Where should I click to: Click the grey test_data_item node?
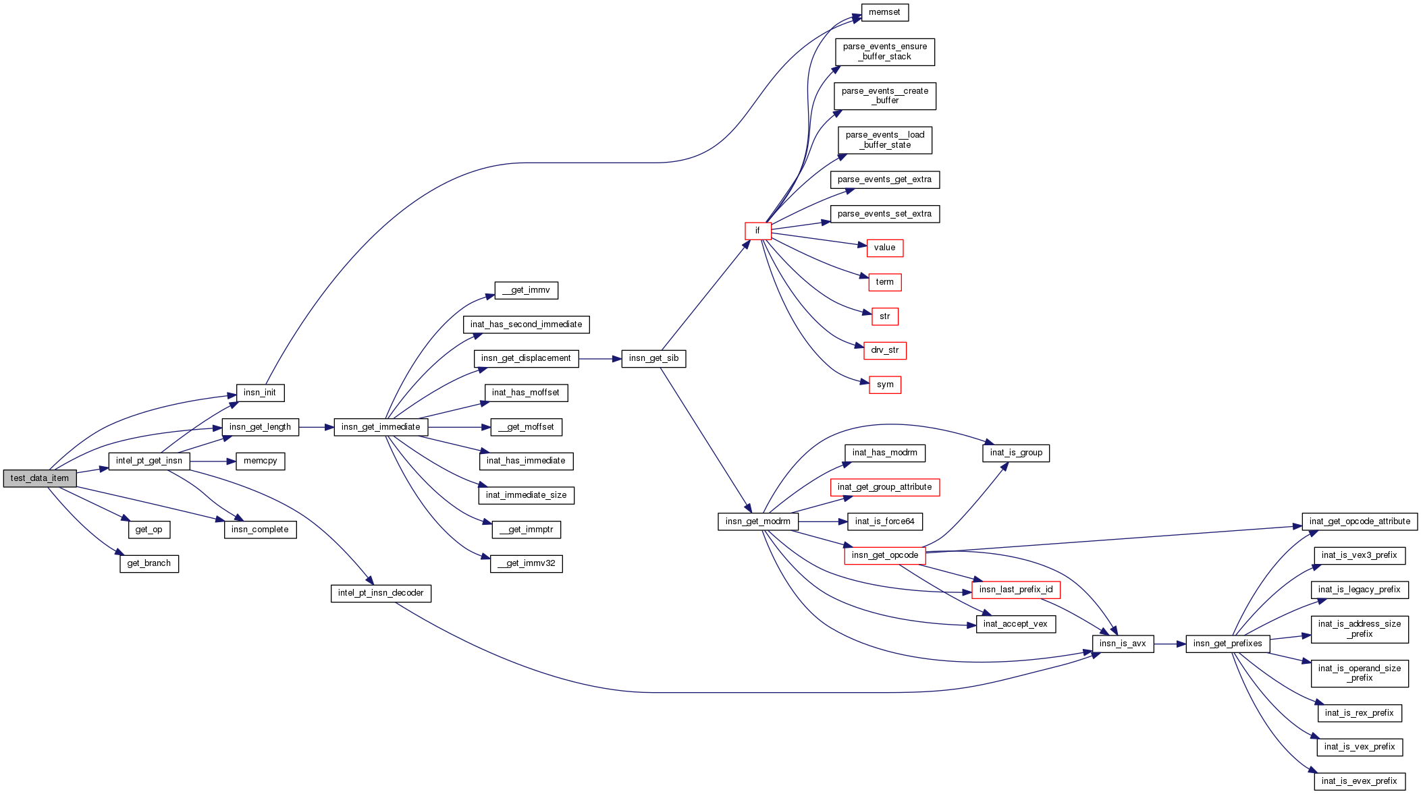click(40, 478)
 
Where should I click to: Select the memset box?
click(884, 13)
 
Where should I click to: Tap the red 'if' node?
click(757, 231)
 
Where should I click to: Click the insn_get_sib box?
click(653, 358)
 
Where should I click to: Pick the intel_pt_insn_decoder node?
click(381, 593)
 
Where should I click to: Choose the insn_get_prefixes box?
click(1227, 644)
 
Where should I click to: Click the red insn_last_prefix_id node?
click(1015, 590)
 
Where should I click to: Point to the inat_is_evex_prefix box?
click(1359, 781)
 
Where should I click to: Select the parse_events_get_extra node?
click(884, 179)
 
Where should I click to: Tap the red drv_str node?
click(884, 350)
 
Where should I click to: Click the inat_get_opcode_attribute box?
click(1359, 521)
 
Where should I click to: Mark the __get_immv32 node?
click(526, 563)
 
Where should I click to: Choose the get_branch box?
click(149, 563)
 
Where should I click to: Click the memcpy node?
click(260, 461)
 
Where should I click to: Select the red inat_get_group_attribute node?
click(884, 487)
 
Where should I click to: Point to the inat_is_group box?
click(1015, 453)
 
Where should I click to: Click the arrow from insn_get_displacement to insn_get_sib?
click(599, 359)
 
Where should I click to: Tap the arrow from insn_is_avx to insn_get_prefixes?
click(1170, 644)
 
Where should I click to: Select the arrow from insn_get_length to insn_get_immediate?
click(316, 427)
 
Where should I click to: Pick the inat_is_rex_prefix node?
click(1359, 713)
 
